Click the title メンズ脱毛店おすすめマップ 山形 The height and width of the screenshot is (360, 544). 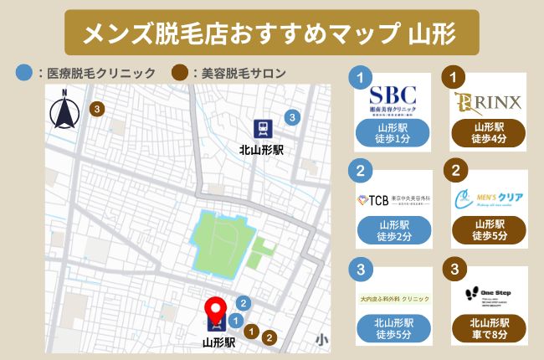pyautogui.click(x=271, y=33)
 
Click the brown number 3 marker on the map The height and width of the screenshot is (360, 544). pyautogui.click(x=98, y=108)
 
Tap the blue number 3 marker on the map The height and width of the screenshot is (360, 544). pyautogui.click(x=291, y=117)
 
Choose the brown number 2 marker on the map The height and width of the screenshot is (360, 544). pyautogui.click(x=269, y=338)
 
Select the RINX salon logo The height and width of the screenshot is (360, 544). pyautogui.click(x=488, y=101)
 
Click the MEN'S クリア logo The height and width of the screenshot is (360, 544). pyautogui.click(x=488, y=199)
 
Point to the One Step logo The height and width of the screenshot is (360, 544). pyautogui.click(x=488, y=296)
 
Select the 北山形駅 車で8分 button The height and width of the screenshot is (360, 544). pyautogui.click(x=488, y=330)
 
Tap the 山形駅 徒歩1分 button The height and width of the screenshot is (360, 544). pyautogui.click(x=393, y=134)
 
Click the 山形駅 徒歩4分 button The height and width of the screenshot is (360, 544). pyautogui.click(x=488, y=134)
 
